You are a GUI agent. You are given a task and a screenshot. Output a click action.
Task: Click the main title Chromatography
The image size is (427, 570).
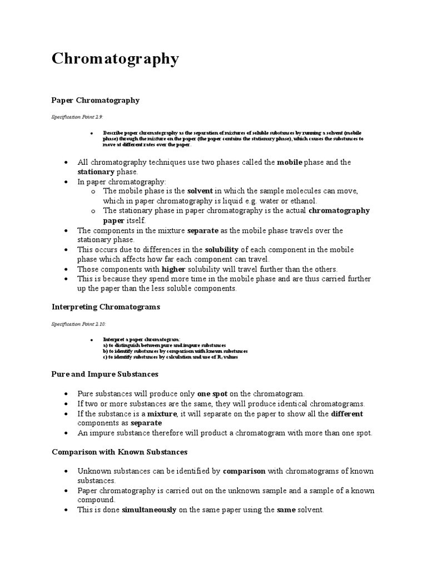(x=116, y=59)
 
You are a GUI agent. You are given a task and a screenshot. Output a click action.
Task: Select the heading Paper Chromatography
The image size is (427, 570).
(x=95, y=100)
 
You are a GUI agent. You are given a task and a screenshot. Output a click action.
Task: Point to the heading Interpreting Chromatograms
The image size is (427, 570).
(x=106, y=307)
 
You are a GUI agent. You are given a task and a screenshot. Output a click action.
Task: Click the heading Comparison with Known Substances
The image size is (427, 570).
(x=120, y=451)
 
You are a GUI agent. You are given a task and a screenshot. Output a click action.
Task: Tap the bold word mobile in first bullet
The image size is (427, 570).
(x=290, y=162)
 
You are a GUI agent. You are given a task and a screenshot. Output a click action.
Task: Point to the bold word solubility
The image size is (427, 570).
(x=225, y=249)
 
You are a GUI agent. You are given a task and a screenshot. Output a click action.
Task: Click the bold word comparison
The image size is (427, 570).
(x=244, y=470)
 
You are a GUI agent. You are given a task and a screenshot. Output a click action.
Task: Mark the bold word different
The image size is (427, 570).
(x=347, y=414)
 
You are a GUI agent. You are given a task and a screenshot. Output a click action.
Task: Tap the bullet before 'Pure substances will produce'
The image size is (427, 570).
(x=66, y=394)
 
